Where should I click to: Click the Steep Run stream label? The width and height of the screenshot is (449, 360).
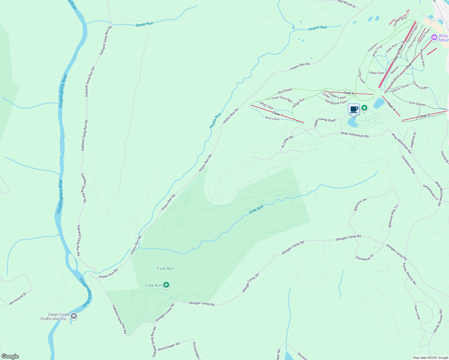tap(144, 24)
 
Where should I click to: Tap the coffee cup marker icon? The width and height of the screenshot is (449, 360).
tap(354, 109)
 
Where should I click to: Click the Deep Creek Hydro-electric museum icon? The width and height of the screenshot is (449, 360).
tap(74, 316)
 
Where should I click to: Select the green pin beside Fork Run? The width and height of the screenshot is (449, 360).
tap(166, 285)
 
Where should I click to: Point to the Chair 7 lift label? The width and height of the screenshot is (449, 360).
tap(278, 114)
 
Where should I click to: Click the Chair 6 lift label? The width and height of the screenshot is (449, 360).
tap(348, 93)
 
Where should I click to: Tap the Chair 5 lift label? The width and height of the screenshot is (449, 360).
tap(425, 116)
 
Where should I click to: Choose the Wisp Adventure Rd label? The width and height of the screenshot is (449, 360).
tap(354, 135)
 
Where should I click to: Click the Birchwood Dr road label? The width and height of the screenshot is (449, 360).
tap(18, 299)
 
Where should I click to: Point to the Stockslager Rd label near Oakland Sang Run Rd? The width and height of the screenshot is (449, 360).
tap(169, 346)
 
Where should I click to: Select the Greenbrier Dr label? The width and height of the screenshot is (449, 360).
tap(365, 258)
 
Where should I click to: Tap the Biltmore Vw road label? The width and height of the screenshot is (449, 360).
tap(360, 204)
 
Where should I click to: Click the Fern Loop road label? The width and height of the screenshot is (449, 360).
tap(417, 312)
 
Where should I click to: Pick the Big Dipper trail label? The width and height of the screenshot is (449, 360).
tap(285, 91)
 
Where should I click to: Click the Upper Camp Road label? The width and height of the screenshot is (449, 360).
tap(324, 122)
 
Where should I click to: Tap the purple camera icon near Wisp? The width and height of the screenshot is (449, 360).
tap(434, 37)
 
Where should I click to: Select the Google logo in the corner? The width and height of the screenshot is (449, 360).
tap(10, 356)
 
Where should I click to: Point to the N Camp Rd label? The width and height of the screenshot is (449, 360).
tap(287, 142)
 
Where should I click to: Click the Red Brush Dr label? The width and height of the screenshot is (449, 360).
tap(347, 4)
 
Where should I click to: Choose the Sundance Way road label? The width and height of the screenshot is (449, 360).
tap(408, 165)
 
